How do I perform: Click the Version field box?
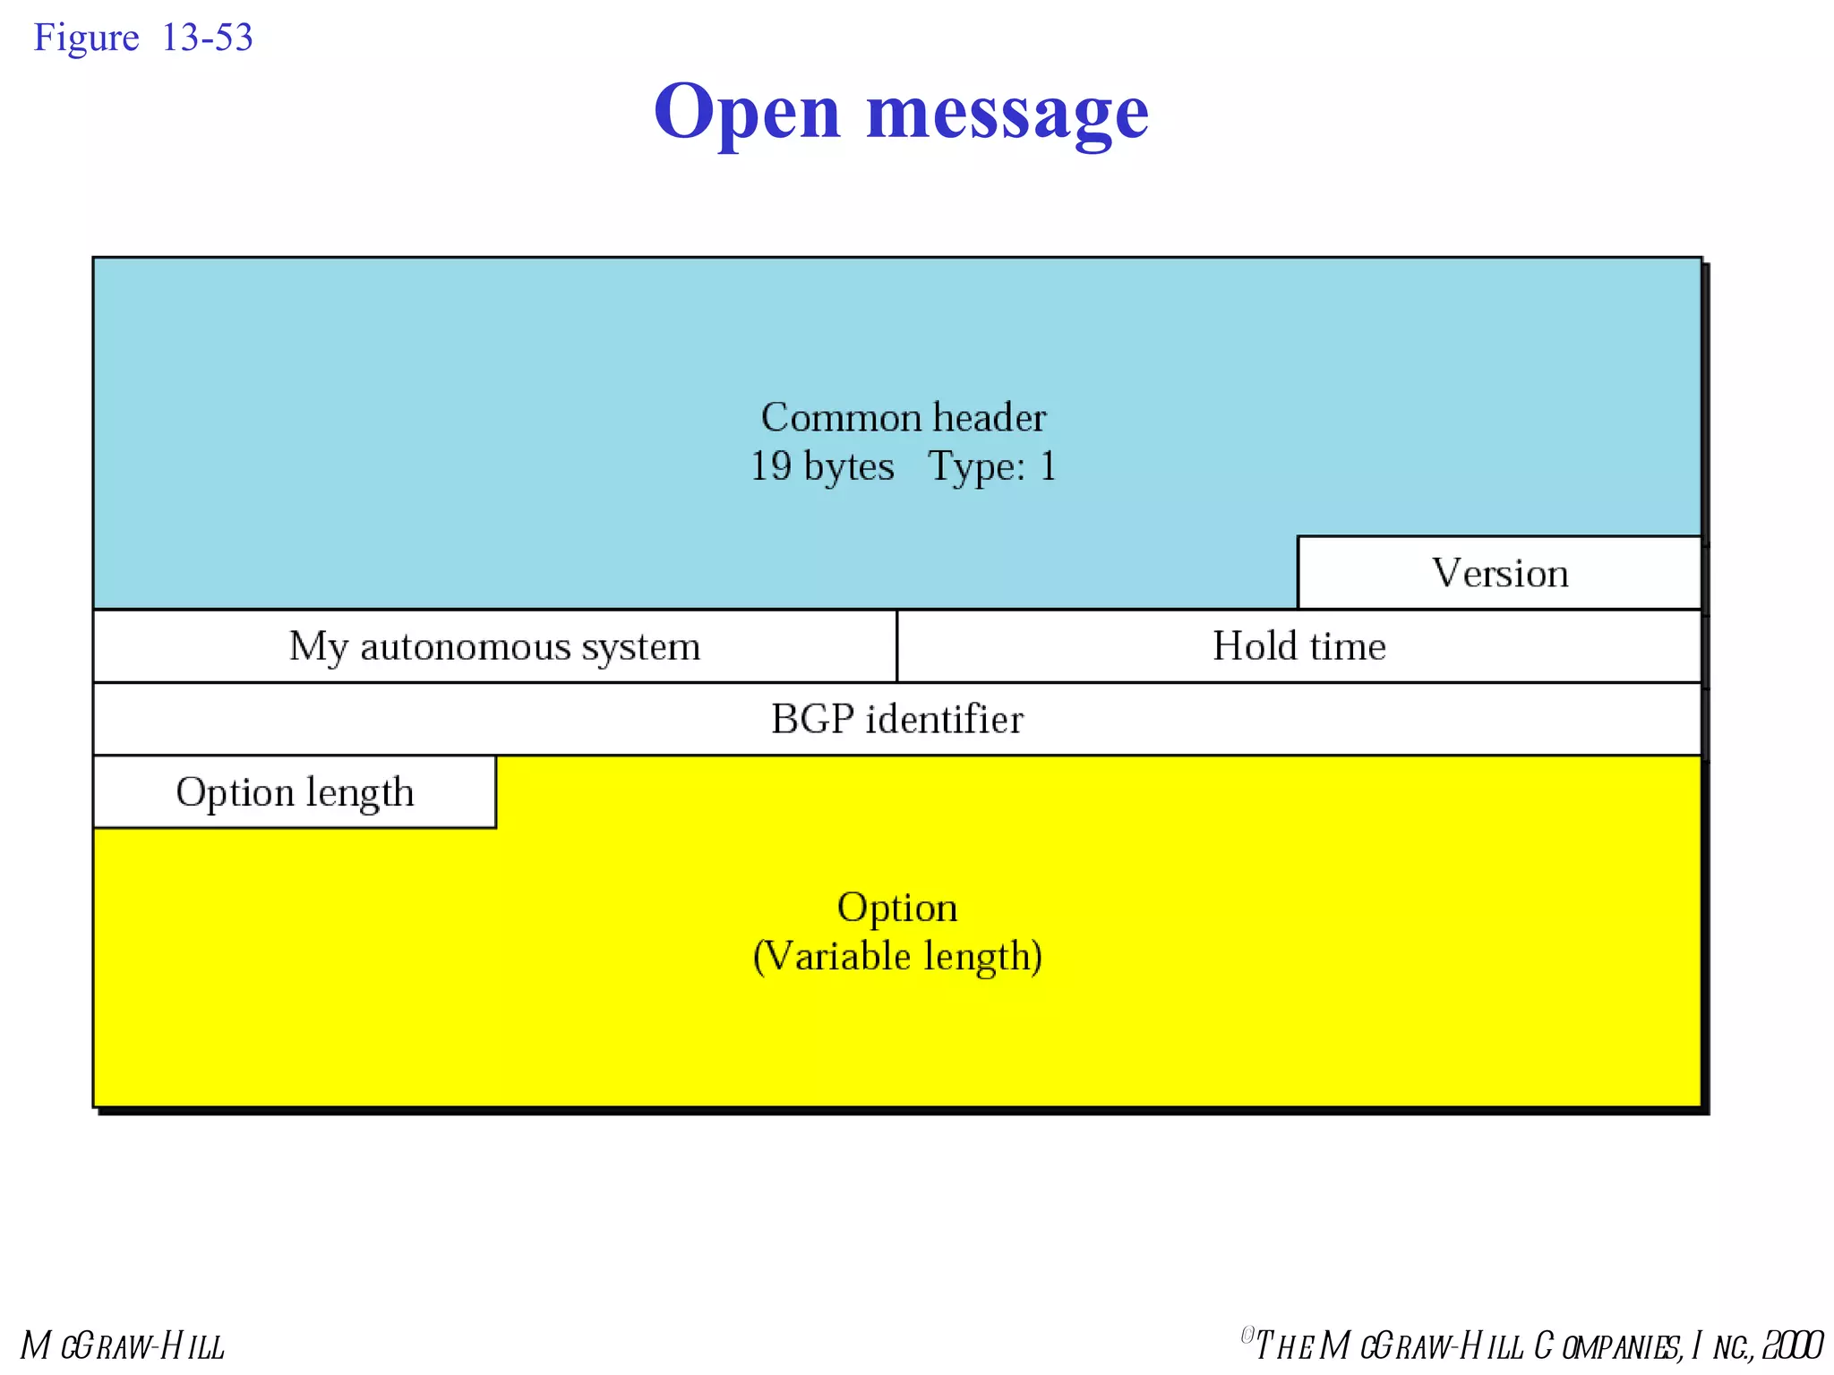click(1499, 573)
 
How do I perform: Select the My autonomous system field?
click(494, 646)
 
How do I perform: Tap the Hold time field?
click(1298, 646)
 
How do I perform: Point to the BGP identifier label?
click(896, 719)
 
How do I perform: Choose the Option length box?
click(295, 792)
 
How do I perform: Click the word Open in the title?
click(747, 113)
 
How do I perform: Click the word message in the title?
click(1007, 113)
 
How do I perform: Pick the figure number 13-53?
click(207, 38)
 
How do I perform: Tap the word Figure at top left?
click(86, 38)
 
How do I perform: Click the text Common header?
click(903, 417)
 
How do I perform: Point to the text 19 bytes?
click(822, 466)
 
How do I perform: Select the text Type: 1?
click(992, 466)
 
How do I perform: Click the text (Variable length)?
click(897, 956)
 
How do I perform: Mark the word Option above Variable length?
click(897, 908)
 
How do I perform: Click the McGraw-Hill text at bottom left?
click(123, 1345)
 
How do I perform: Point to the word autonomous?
click(465, 646)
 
